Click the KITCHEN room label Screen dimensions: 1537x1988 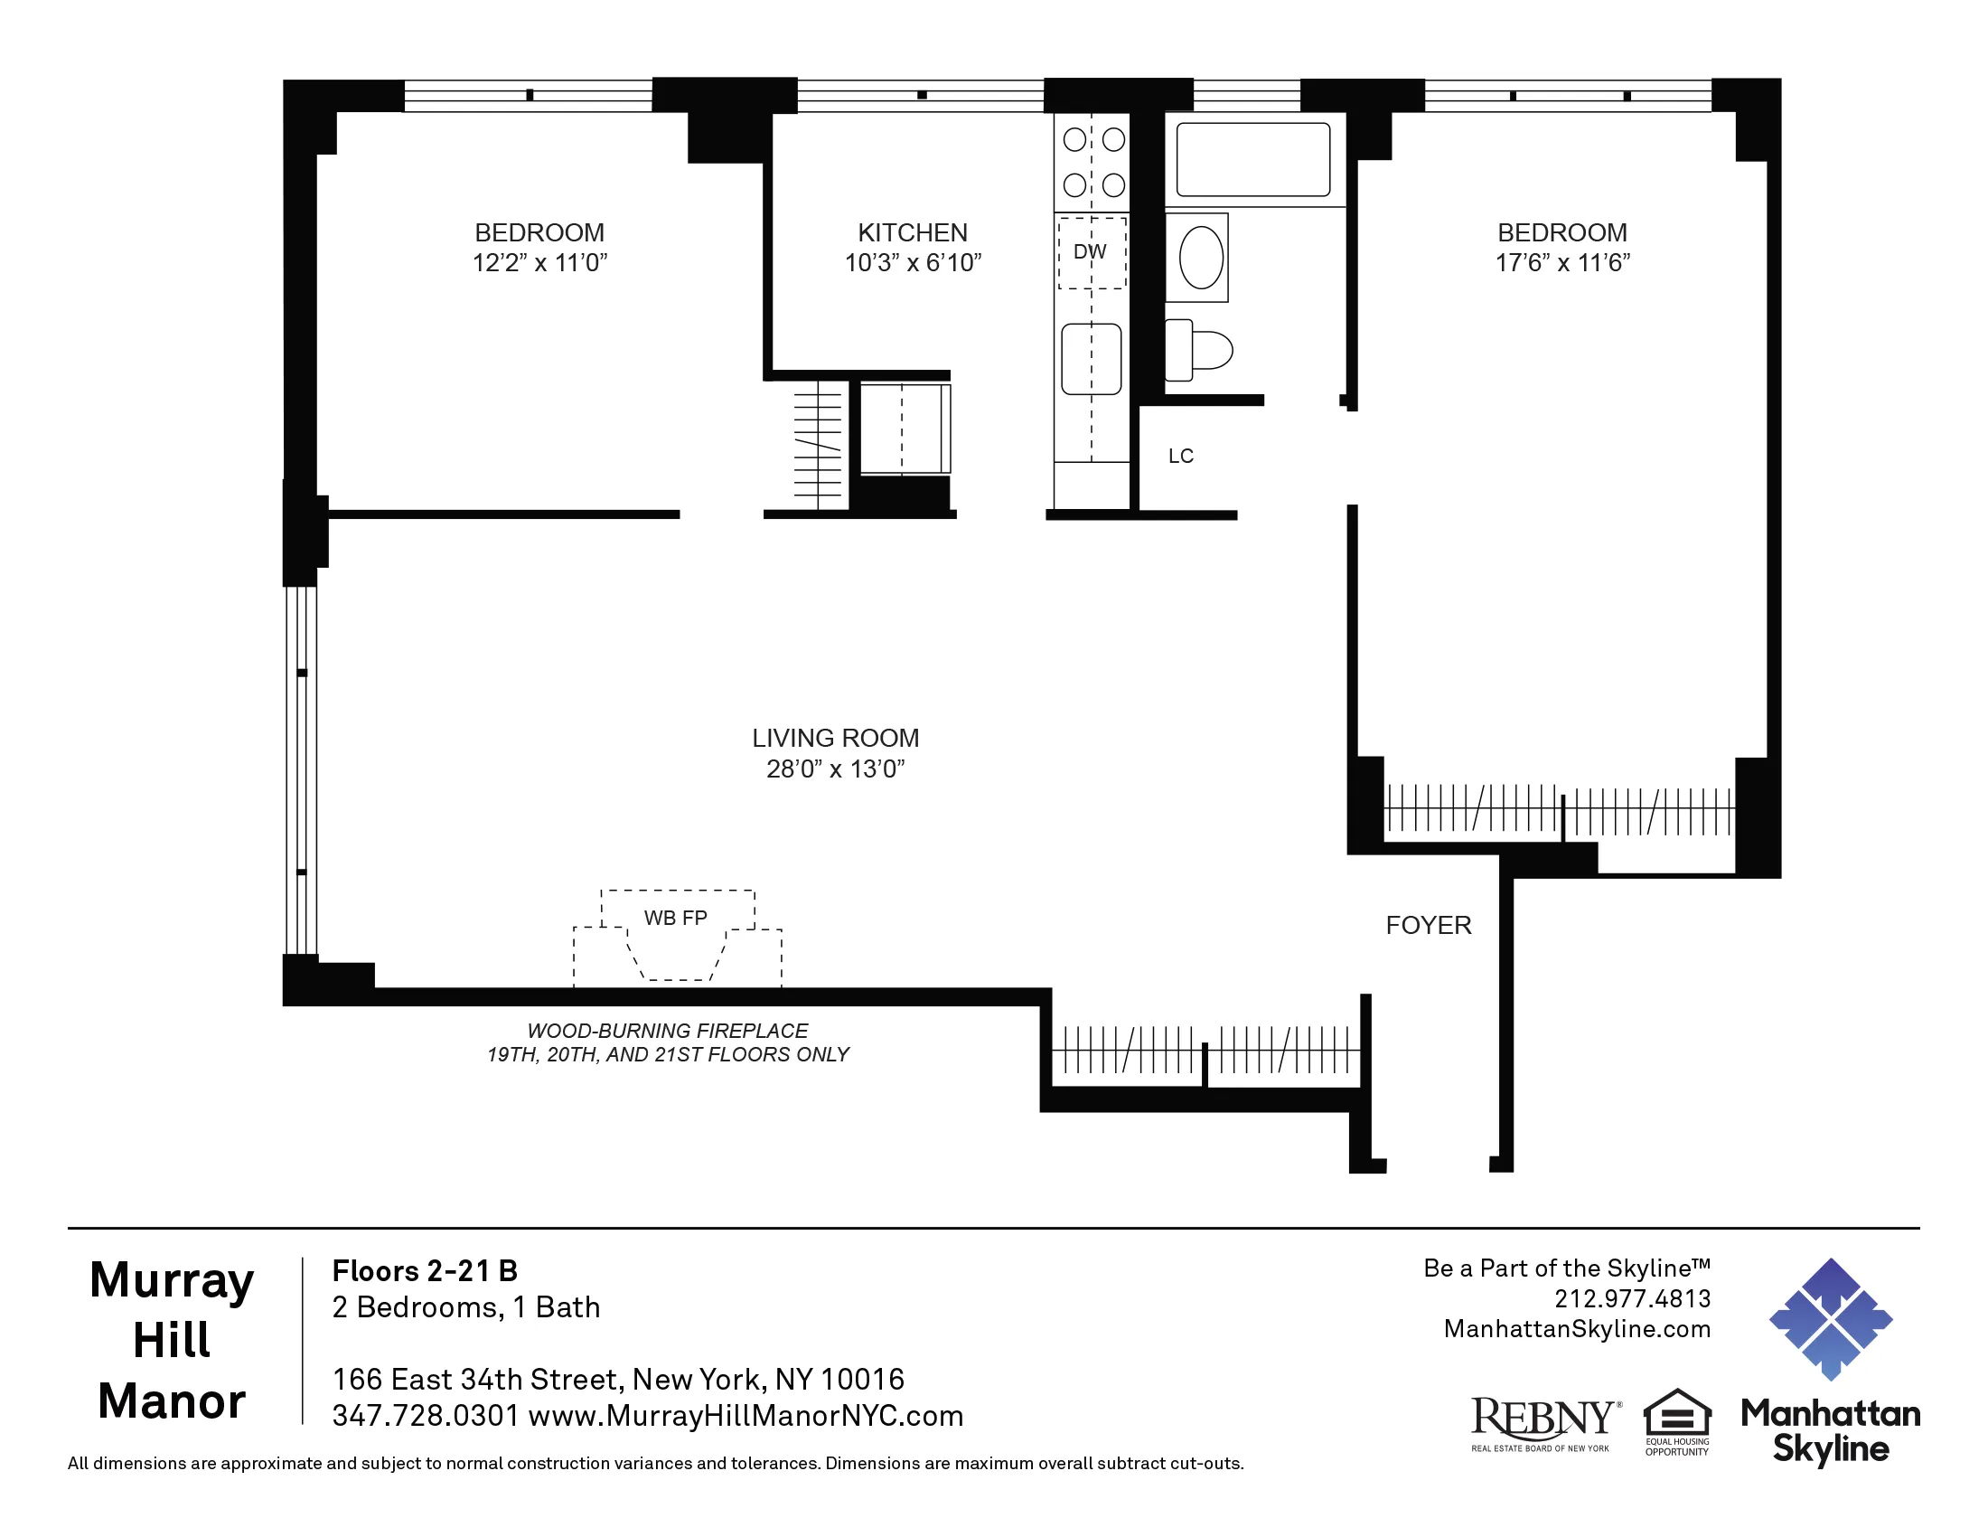click(912, 233)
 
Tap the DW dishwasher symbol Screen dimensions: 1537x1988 click(1091, 252)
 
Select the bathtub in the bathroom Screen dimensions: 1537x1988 click(1252, 159)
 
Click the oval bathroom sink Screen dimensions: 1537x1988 click(1201, 258)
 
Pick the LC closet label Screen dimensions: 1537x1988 click(1181, 457)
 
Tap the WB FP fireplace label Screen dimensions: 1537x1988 click(675, 918)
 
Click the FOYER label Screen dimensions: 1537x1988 click(1428, 926)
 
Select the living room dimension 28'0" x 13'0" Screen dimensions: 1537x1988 click(835, 769)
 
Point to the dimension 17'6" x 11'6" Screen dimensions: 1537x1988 click(1562, 263)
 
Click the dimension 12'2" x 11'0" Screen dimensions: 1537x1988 click(539, 263)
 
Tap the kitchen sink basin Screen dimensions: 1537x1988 click(1091, 360)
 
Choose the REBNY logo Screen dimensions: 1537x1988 click(1543, 1422)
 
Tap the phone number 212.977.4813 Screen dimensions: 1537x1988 click(1632, 1298)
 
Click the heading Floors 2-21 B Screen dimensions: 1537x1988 click(424, 1271)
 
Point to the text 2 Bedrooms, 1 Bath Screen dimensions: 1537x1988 click(466, 1307)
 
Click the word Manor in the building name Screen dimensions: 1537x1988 click(171, 1401)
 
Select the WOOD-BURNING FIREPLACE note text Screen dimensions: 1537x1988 click(667, 1031)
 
